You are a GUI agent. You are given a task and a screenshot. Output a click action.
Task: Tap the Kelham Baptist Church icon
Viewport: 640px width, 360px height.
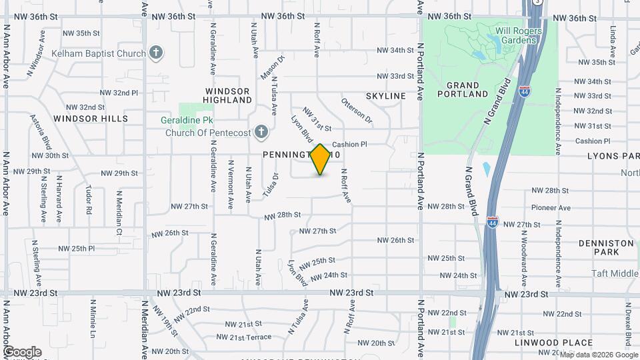[x=157, y=53]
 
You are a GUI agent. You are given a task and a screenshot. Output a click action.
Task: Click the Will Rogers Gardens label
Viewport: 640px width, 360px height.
[x=515, y=35]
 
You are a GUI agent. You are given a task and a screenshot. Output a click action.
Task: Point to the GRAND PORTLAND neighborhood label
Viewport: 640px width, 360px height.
[x=463, y=89]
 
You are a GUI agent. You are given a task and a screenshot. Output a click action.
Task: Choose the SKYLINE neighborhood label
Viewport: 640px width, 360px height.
[x=385, y=96]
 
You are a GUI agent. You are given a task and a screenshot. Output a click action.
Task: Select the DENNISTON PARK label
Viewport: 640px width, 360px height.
[x=606, y=248]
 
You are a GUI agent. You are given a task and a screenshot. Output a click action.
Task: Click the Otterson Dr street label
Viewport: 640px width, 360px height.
[x=357, y=111]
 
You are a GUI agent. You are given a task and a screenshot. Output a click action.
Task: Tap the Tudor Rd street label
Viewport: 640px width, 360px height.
[x=88, y=200]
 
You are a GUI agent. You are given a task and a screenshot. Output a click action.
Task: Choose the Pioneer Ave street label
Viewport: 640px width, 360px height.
[x=551, y=208]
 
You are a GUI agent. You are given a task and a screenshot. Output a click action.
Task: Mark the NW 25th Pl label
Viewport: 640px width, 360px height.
[x=77, y=248]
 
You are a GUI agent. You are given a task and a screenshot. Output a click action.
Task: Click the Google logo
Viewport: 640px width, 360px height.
[x=22, y=352]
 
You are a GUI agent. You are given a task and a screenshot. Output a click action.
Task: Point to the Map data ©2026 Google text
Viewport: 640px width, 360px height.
[x=598, y=355]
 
